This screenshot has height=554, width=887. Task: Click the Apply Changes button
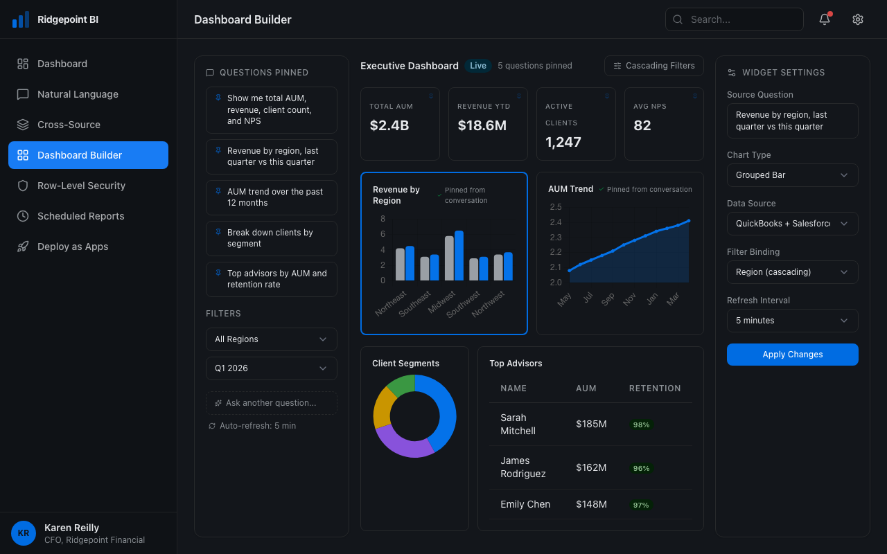(x=792, y=355)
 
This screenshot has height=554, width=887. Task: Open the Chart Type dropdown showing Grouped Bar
(x=792, y=175)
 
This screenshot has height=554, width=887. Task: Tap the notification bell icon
(x=825, y=19)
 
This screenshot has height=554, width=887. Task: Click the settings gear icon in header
(x=858, y=19)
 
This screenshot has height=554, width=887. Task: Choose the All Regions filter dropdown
(x=271, y=339)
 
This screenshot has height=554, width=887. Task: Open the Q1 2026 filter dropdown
(x=271, y=368)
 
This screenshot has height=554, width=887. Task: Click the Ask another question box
(x=271, y=403)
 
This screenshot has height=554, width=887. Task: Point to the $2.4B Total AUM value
(x=389, y=125)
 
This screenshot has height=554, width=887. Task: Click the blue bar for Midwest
(x=459, y=256)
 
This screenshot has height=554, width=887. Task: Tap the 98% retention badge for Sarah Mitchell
(x=641, y=425)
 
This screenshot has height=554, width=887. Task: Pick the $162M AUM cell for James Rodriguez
(x=591, y=467)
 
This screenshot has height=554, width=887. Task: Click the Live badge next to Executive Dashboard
(x=478, y=66)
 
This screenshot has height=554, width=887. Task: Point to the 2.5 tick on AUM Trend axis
(x=555, y=207)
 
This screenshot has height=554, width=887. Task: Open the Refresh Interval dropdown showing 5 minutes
(x=792, y=321)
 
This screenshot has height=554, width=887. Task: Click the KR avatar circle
(x=24, y=533)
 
